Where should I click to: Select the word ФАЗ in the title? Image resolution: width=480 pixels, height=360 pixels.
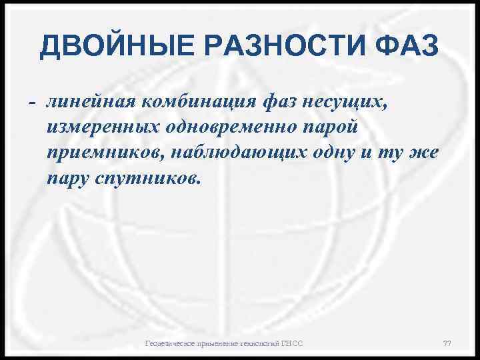(x=407, y=47)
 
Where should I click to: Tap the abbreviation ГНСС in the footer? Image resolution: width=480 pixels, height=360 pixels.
(x=291, y=343)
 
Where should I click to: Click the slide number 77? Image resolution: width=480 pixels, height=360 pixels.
(x=447, y=343)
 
